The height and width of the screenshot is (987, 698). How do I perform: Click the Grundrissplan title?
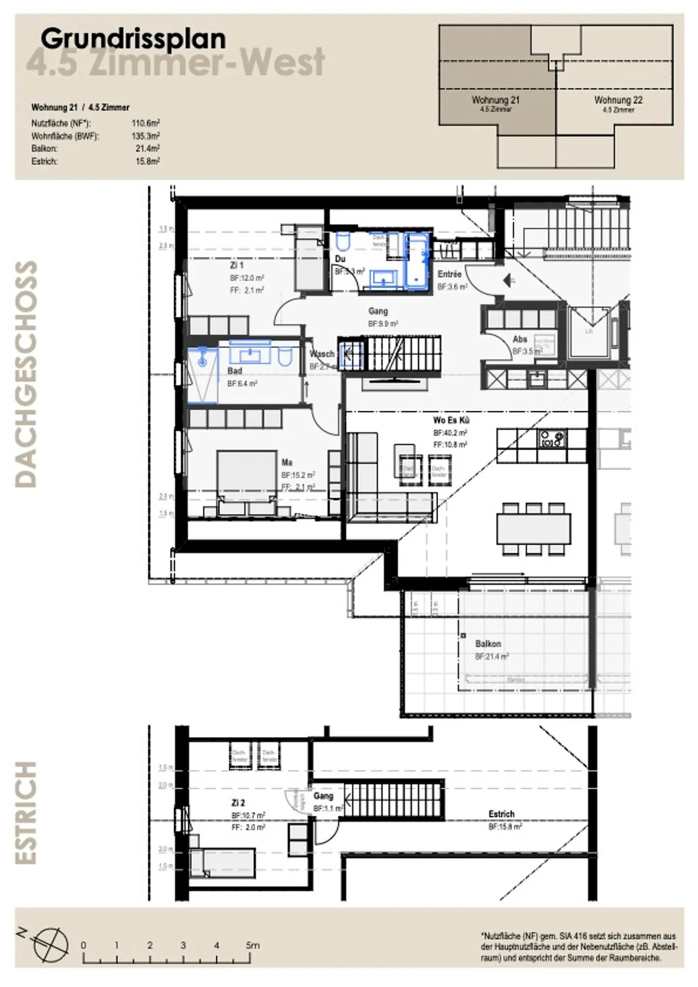133,39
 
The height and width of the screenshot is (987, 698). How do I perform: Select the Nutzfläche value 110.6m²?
145,123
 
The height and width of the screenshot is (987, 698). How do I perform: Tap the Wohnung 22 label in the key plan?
618,100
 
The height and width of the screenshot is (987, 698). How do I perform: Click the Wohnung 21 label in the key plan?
495,100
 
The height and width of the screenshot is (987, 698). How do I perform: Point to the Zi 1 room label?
237,265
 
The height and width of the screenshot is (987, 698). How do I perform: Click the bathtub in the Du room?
416,262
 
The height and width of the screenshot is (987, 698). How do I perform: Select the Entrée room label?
449,274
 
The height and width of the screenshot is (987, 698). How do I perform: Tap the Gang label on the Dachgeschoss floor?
378,311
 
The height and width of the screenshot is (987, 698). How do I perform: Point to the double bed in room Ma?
247,480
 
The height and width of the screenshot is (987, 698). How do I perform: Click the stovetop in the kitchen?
552,438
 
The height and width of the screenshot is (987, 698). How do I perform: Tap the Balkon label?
488,644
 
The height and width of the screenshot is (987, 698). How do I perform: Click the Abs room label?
520,339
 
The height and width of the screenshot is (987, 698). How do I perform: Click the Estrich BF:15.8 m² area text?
505,826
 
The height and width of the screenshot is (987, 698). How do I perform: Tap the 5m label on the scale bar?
253,945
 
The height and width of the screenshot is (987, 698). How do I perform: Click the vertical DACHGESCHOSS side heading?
26,374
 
